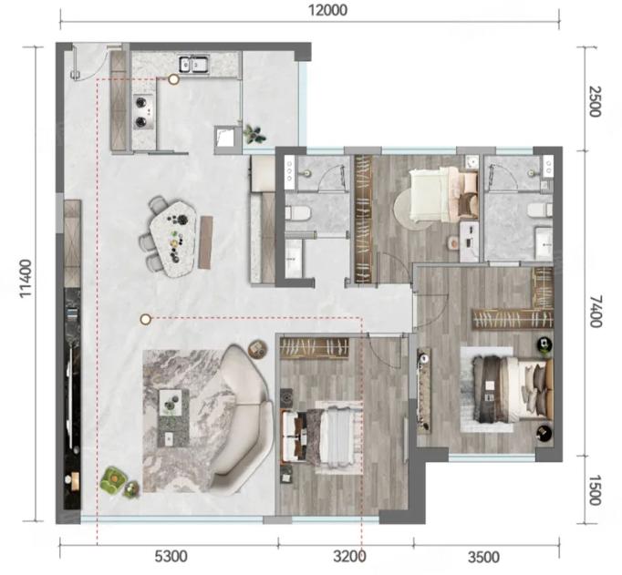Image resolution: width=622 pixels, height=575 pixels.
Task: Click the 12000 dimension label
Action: pos(327,10)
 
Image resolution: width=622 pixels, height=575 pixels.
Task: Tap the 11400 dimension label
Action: pos(26,278)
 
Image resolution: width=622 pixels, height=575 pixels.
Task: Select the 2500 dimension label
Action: pos(595,101)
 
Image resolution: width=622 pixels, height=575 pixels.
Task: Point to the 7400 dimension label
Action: pos(595,312)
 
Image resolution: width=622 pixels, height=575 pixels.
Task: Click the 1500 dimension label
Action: pos(595,490)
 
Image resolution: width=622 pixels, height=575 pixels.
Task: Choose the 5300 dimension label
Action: pos(171,557)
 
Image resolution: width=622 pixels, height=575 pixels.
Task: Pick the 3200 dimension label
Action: pos(349,557)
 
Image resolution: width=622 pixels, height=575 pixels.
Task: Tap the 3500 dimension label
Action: pos(483,557)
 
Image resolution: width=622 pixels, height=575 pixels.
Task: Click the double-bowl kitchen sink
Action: pos(193,64)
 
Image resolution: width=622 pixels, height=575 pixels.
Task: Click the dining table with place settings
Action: pos(174,239)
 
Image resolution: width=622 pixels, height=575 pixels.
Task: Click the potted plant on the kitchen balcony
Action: pos(253,134)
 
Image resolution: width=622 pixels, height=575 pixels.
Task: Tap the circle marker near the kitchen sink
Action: pos(173,79)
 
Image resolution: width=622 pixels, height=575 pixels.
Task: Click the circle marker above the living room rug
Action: pos(146,319)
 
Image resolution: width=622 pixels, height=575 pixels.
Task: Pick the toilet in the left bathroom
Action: pos(297,213)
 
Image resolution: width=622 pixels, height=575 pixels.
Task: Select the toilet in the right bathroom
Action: pos(541,210)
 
